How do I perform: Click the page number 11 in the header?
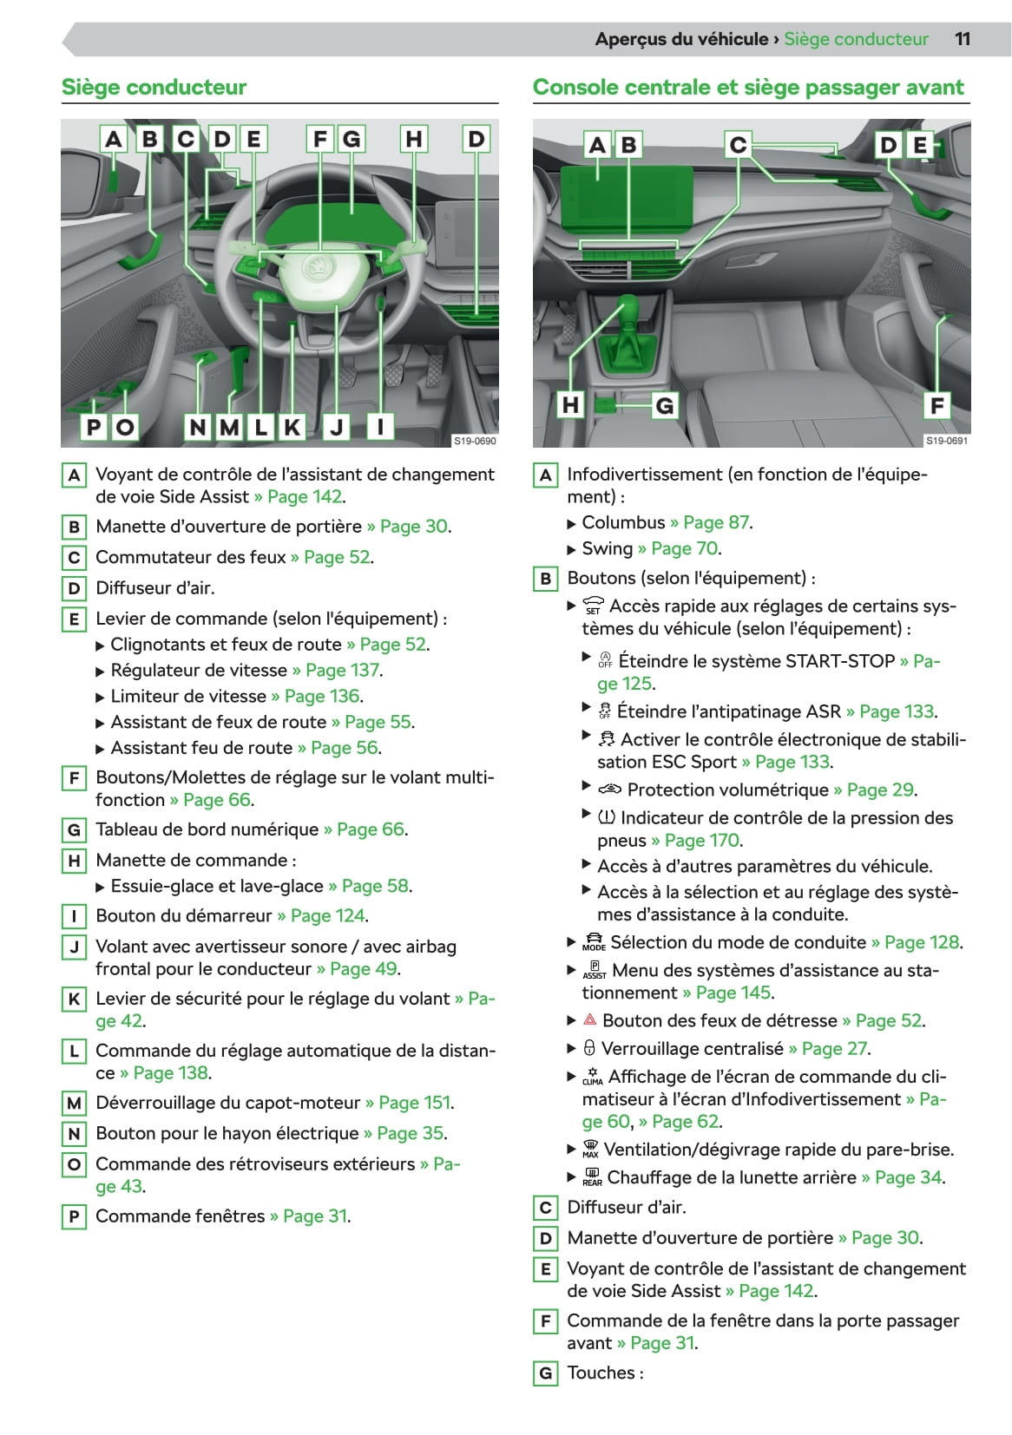[962, 39]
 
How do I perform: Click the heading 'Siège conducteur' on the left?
[154, 88]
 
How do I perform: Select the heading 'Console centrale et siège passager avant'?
[747, 88]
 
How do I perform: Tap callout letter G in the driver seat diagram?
[352, 139]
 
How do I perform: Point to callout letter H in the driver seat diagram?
[414, 139]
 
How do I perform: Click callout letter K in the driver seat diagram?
[292, 426]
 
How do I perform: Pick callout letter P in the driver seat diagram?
[94, 426]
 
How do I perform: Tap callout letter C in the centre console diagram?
[738, 145]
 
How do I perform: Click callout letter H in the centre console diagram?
[570, 404]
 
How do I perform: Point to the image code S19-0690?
[475, 441]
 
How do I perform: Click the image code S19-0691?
[946, 441]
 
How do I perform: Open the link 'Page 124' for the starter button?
[327, 916]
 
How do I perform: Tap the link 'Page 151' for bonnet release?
[415, 1103]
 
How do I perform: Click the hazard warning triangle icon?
[590, 1020]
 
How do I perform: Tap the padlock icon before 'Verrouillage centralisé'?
[589, 1048]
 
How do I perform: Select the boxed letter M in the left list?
[74, 1104]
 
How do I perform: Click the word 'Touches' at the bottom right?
[601, 1373]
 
